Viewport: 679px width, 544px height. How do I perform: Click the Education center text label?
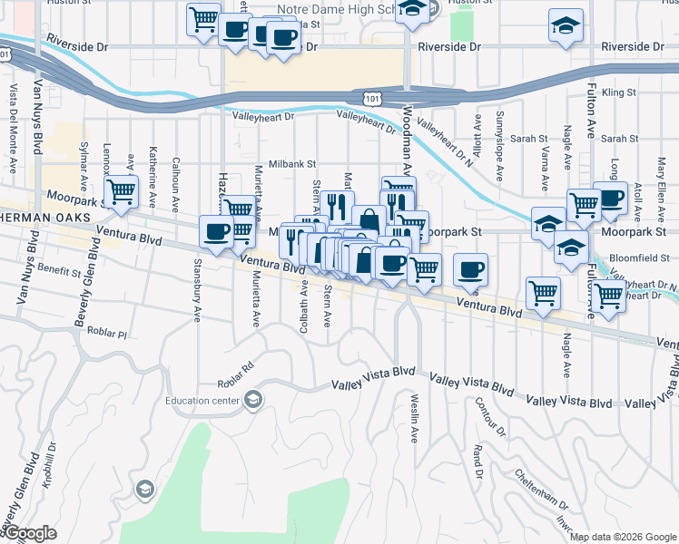pyautogui.click(x=202, y=401)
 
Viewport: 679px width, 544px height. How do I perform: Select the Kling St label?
pyautogui.click(x=619, y=92)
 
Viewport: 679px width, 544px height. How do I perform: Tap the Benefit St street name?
pyautogui.click(x=60, y=270)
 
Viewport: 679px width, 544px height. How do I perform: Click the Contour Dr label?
pyautogui.click(x=482, y=414)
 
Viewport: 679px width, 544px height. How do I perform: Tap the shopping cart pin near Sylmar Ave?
pyautogui.click(x=120, y=191)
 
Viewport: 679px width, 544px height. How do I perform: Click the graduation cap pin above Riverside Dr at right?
pyautogui.click(x=566, y=26)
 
